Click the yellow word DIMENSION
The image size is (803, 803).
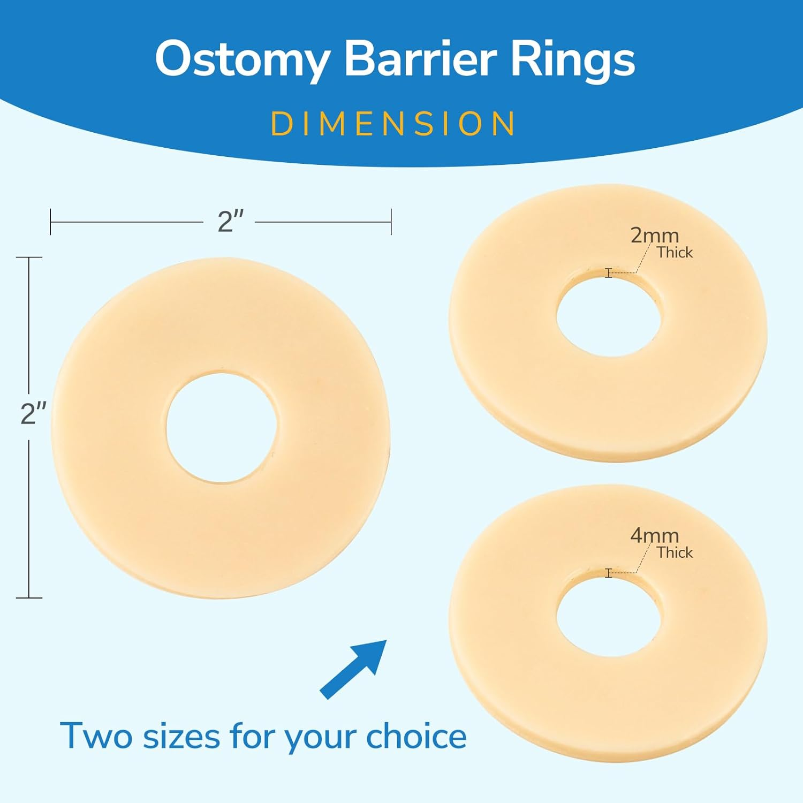(x=393, y=124)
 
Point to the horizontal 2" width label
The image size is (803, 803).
(x=230, y=221)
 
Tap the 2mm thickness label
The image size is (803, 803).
(x=654, y=236)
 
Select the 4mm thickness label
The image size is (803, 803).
(x=654, y=535)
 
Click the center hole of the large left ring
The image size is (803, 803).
(x=221, y=428)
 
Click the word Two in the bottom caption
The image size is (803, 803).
(x=96, y=736)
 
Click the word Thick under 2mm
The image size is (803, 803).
(x=675, y=253)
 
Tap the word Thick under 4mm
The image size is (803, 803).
(x=675, y=552)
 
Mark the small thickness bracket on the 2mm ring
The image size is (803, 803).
(x=608, y=273)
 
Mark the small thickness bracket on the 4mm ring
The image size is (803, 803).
(x=608, y=573)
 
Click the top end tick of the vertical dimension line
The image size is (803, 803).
(x=29, y=257)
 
